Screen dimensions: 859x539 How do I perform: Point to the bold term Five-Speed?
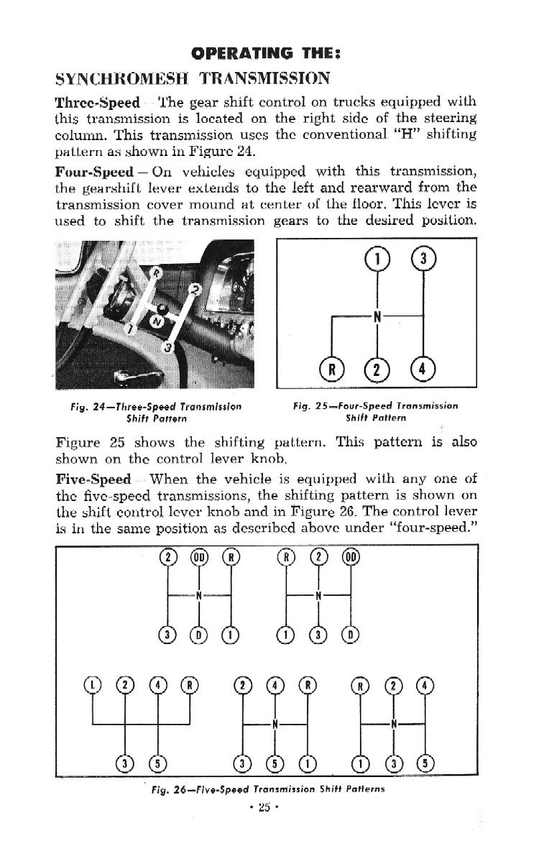click(x=93, y=479)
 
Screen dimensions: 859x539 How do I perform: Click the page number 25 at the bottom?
click(x=264, y=806)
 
